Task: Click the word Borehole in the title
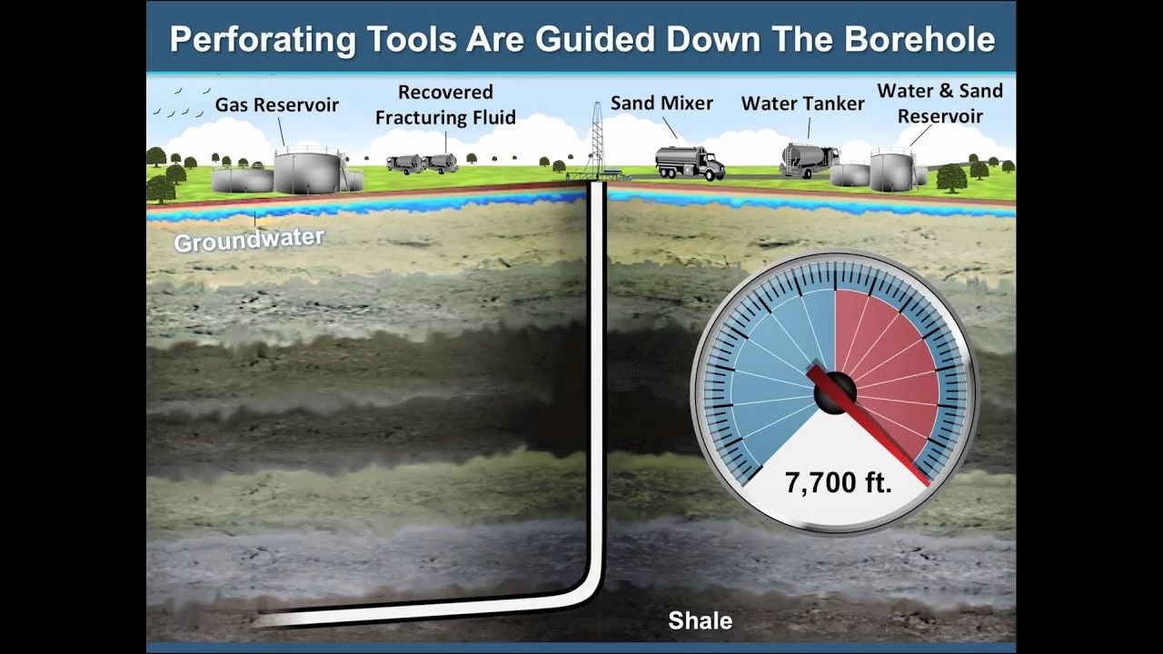[x=920, y=39]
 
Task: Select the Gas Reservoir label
[x=277, y=104]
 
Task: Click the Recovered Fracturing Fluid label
[x=445, y=104]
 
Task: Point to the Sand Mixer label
[x=661, y=103]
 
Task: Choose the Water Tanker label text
[x=802, y=104]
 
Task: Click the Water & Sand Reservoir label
[x=940, y=104]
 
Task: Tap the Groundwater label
[x=249, y=240]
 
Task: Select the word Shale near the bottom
[x=700, y=620]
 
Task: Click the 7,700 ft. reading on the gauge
[x=838, y=482]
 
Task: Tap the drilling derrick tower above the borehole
[x=597, y=140]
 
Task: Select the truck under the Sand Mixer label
[x=690, y=163]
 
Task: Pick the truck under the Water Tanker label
[x=809, y=161]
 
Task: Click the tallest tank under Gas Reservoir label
[x=307, y=170]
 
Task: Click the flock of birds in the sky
[x=182, y=103]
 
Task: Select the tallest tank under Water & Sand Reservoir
[x=891, y=169]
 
